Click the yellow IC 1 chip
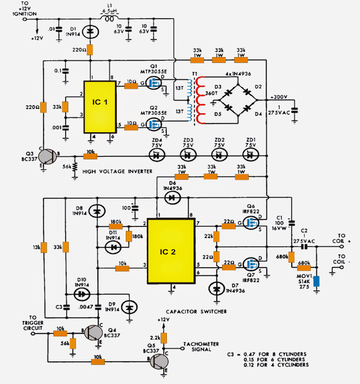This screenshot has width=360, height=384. coord(99,107)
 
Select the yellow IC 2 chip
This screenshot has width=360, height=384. coord(171,251)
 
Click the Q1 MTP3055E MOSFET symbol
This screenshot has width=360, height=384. coord(155,84)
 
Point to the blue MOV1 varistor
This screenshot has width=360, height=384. coord(317,282)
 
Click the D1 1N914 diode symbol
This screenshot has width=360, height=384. coord(90,32)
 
